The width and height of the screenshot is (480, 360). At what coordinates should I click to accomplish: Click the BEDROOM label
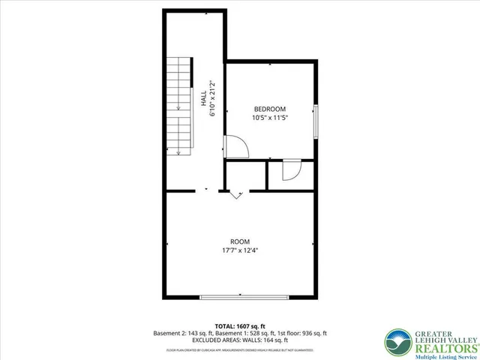click(268, 109)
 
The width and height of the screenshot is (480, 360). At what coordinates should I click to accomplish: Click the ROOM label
click(240, 241)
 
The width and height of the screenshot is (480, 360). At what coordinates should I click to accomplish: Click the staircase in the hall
click(181, 106)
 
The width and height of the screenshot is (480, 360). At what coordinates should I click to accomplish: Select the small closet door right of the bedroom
click(289, 172)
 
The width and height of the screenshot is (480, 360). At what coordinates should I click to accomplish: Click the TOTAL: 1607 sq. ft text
click(240, 325)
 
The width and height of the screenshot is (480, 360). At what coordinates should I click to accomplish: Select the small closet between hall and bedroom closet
click(245, 175)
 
